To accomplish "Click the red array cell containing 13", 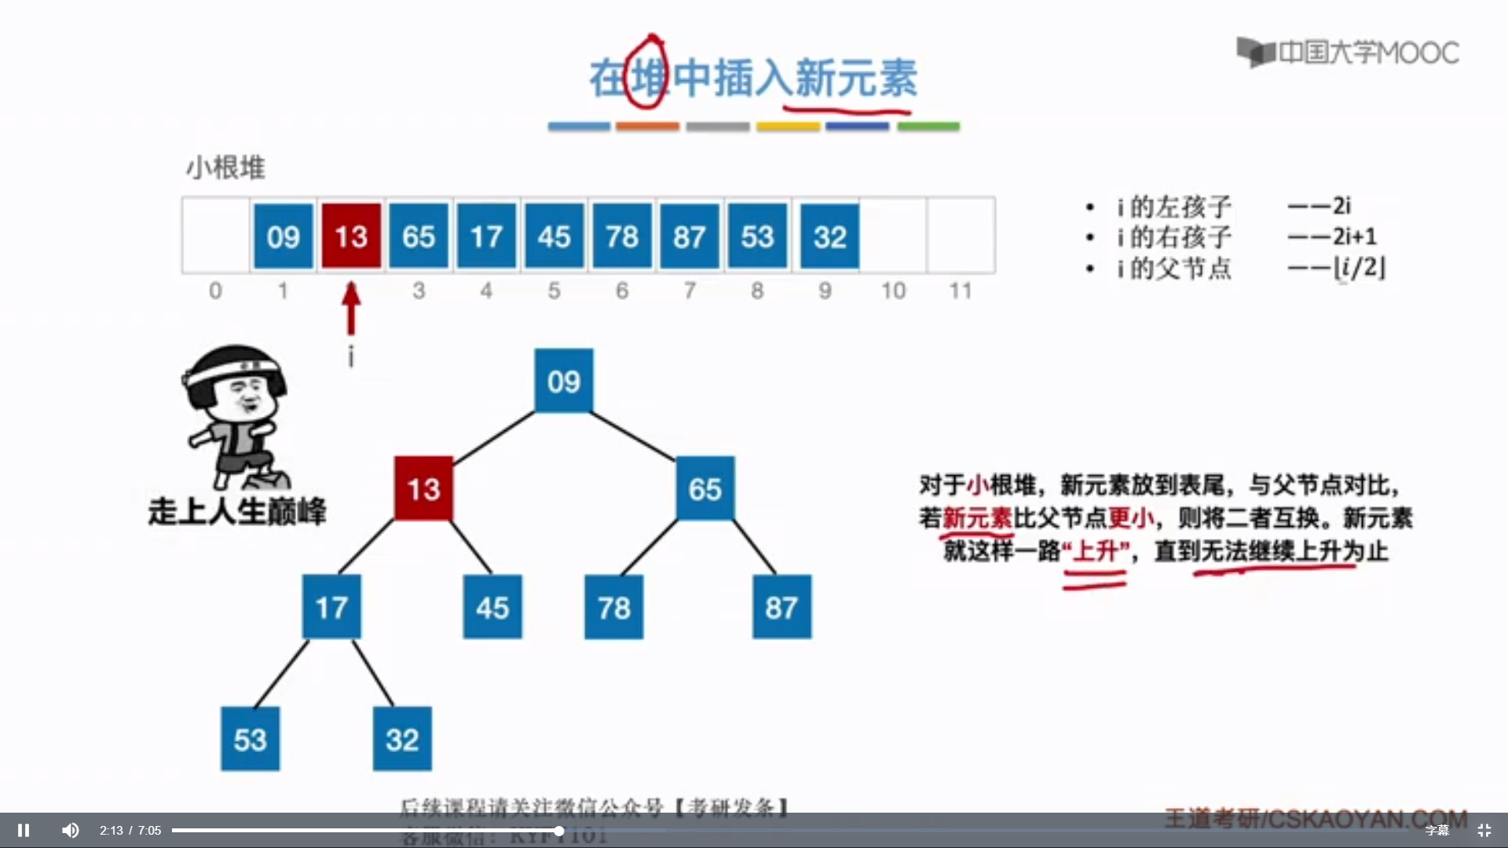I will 351,236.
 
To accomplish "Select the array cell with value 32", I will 829,236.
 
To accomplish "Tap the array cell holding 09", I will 283,236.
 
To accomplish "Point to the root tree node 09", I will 564,382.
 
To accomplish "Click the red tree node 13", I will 423,489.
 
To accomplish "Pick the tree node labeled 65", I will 705,489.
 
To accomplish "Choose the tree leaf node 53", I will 250,740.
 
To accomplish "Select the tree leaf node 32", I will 402,740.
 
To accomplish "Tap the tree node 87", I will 781,608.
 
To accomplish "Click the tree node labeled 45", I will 492,608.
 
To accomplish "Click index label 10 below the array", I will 893,291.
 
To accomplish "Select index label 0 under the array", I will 215,291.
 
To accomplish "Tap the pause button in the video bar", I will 24,830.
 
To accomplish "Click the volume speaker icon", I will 71,830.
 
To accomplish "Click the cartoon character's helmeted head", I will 236,385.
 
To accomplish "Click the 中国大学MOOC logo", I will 1348,53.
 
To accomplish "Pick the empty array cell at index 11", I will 961,236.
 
